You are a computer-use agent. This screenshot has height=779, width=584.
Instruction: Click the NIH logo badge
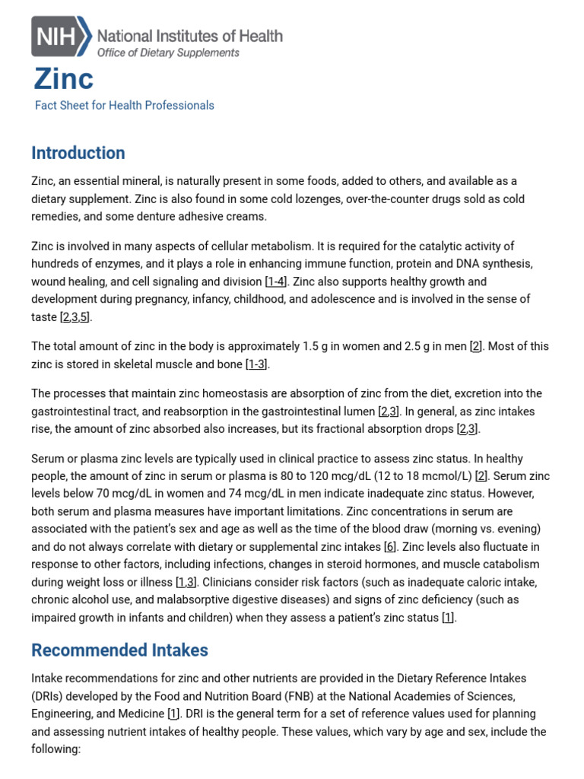[x=61, y=36]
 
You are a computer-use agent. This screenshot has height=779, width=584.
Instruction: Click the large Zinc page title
[x=64, y=79]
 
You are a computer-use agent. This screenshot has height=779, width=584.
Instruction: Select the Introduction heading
[x=78, y=153]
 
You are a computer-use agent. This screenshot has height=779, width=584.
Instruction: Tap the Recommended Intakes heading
[x=119, y=650]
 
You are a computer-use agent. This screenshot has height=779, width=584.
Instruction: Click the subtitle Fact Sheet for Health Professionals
[x=124, y=106]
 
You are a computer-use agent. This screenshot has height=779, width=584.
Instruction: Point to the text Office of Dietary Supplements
[x=168, y=52]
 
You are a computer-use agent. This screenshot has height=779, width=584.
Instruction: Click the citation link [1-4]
[x=276, y=281]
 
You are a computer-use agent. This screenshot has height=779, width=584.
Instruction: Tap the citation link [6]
[x=390, y=546]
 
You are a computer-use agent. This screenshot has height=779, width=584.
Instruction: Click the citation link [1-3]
[x=257, y=364]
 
